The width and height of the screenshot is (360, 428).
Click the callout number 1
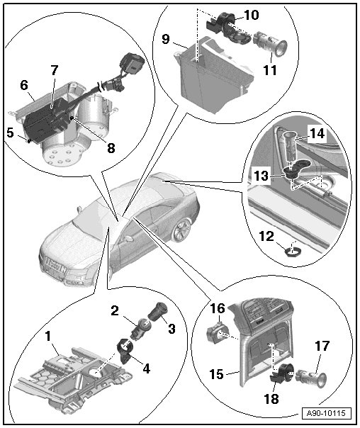coord(48,337)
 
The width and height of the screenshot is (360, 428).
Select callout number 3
coord(171,329)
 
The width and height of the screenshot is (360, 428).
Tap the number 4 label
coord(147,368)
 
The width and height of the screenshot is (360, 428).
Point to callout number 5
coord(10,133)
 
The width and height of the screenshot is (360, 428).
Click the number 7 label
coord(55,70)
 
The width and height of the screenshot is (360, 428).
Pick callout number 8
coord(111,148)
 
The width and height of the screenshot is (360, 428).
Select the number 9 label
coord(166,39)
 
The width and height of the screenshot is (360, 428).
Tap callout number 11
coord(270,70)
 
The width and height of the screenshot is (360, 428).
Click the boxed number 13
coord(261,176)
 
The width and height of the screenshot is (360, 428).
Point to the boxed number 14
coord(317,133)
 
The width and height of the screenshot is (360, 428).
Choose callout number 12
coord(266,236)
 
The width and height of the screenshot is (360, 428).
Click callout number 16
coord(218,308)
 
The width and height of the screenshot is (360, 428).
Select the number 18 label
coord(271,399)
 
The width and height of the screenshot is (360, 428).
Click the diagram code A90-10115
coord(325,412)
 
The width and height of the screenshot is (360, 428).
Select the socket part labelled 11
coord(270,45)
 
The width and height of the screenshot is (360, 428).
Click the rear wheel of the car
coord(181,230)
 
